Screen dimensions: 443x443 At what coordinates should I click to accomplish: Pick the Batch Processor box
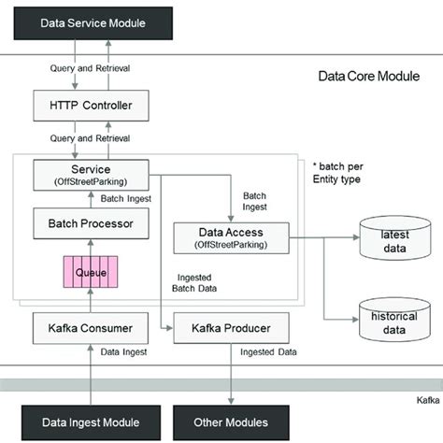point(92,224)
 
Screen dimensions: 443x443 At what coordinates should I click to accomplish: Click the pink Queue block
point(92,273)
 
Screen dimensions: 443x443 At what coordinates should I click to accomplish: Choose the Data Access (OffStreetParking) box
point(230,237)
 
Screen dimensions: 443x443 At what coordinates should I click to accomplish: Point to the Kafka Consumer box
point(92,329)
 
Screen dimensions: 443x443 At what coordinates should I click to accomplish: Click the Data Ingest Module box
point(92,422)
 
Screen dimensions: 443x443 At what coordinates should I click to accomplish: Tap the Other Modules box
point(230,422)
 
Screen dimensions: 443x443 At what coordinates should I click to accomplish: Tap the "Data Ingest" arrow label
point(123,352)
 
